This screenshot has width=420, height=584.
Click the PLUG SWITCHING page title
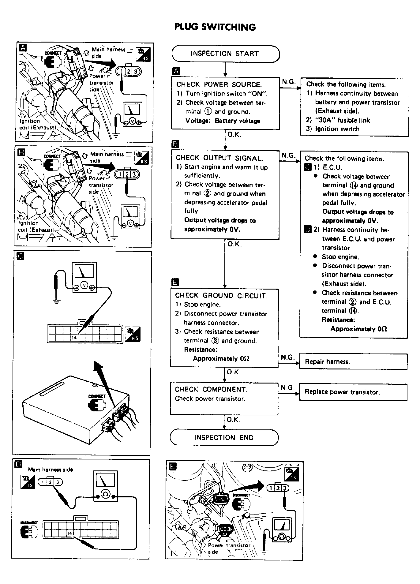(x=215, y=27)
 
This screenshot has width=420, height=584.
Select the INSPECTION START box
(x=225, y=54)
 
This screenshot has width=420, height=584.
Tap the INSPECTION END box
(x=224, y=437)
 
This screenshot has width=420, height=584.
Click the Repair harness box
(x=353, y=361)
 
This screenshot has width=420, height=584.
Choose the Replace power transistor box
(x=353, y=392)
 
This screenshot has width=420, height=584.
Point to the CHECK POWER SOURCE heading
(x=219, y=84)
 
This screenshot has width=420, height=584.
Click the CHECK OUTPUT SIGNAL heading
(x=219, y=158)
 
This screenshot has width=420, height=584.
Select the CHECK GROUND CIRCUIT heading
(x=221, y=296)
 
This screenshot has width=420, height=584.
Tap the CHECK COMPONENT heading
(x=211, y=389)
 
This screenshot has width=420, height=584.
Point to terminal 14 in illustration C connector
(x=74, y=338)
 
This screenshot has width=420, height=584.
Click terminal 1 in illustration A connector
(x=122, y=72)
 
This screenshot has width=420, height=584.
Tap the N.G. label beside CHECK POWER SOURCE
(x=288, y=82)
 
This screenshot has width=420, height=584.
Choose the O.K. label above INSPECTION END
(x=234, y=420)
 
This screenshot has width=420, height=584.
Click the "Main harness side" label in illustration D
(x=51, y=470)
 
